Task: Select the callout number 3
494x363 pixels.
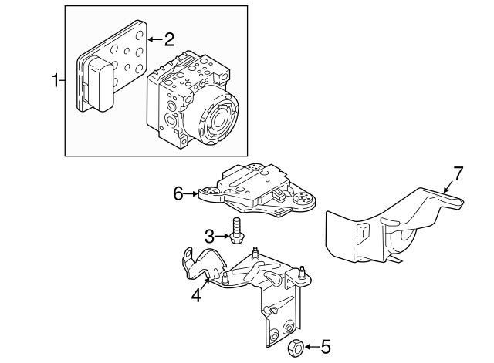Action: point(209,235)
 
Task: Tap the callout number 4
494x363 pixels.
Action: point(197,294)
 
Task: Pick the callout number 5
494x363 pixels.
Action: point(326,348)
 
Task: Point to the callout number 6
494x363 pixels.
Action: point(178,193)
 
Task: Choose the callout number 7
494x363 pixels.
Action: point(458,173)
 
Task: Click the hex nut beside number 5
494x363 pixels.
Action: point(294,348)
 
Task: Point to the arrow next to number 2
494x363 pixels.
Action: point(154,38)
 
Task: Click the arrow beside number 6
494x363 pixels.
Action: point(191,193)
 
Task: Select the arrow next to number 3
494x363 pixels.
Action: point(222,235)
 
